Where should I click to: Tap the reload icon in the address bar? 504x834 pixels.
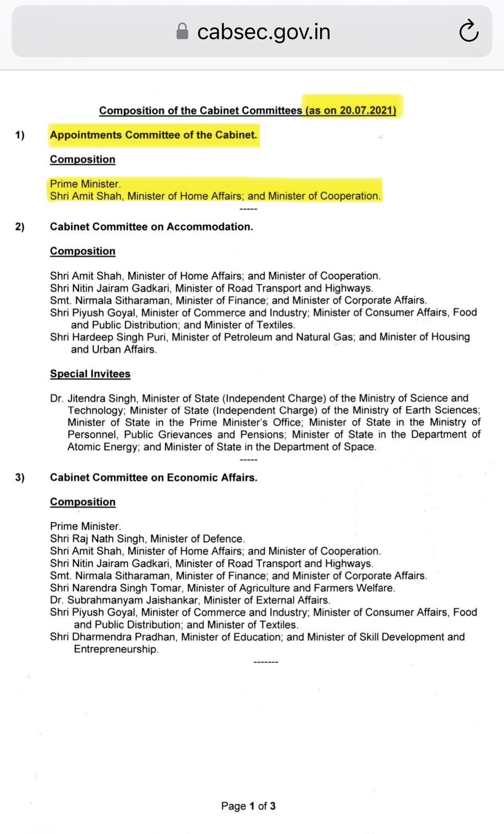(469, 31)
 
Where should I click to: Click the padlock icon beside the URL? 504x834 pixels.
(182, 31)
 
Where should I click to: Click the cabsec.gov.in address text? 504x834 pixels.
(263, 32)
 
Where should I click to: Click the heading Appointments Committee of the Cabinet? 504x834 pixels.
(153, 135)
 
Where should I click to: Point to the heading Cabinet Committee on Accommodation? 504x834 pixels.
(151, 227)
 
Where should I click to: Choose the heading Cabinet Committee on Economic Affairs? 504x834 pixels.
(153, 477)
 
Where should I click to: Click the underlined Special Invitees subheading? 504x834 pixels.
(90, 374)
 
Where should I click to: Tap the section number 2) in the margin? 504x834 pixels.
(20, 227)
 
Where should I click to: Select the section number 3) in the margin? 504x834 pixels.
(20, 477)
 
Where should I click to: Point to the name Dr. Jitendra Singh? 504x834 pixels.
(93, 398)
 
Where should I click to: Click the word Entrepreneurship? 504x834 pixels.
(115, 649)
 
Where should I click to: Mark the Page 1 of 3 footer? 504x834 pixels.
(248, 806)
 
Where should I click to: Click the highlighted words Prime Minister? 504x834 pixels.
(85, 184)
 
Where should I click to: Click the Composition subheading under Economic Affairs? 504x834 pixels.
(82, 502)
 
